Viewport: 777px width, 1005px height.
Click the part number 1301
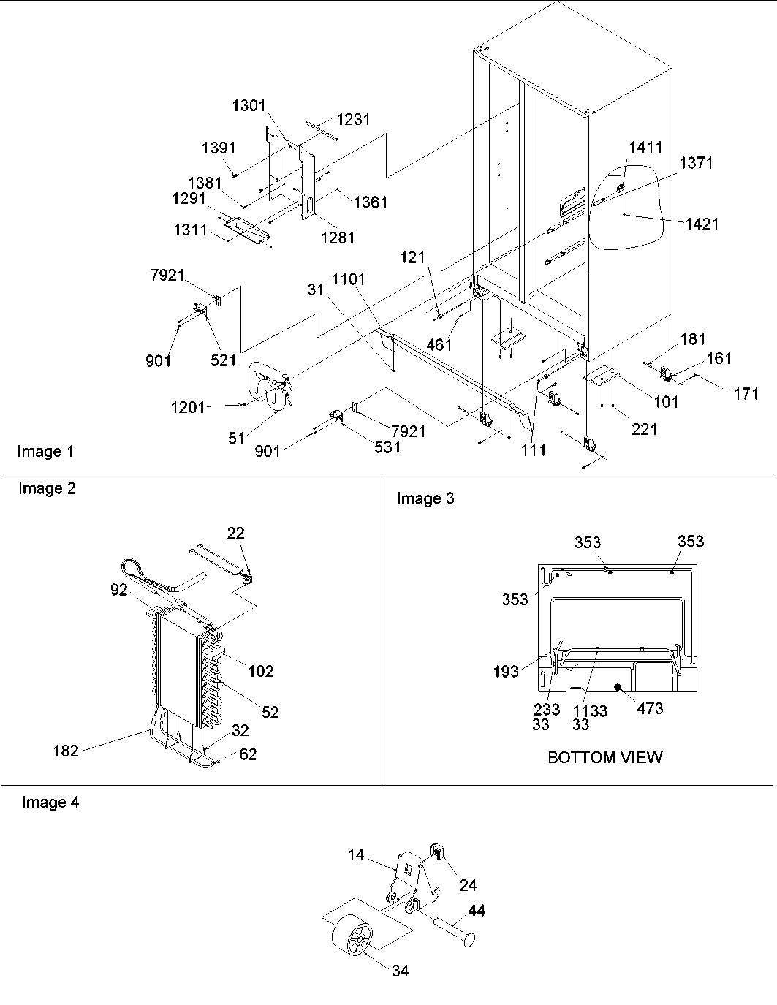click(249, 106)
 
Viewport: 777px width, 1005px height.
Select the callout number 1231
click(353, 120)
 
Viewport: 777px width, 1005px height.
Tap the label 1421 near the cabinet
click(702, 224)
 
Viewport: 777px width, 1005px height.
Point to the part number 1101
click(348, 278)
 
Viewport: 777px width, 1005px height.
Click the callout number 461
click(439, 344)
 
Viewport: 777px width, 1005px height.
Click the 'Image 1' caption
click(45, 452)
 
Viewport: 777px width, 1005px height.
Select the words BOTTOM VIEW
click(604, 757)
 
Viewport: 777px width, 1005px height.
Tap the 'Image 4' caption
click(50, 803)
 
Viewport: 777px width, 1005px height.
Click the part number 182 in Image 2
click(66, 750)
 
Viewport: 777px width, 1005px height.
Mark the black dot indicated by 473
click(618, 687)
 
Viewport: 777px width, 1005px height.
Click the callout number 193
click(506, 671)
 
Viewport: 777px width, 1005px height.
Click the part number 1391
click(219, 148)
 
